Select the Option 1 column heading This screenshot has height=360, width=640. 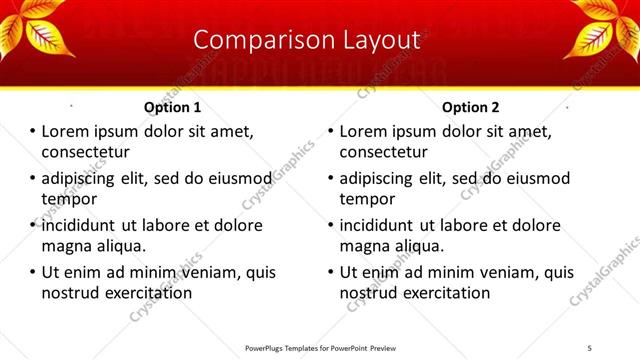[x=172, y=107]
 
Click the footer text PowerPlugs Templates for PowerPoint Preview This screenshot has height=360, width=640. [x=318, y=349]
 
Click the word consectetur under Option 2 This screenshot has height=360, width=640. [x=384, y=152]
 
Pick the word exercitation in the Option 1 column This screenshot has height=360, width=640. [x=146, y=293]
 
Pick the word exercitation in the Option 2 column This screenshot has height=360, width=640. [x=444, y=293]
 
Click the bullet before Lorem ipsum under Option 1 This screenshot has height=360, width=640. [x=32, y=131]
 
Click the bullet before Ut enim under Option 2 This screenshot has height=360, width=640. [x=330, y=272]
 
